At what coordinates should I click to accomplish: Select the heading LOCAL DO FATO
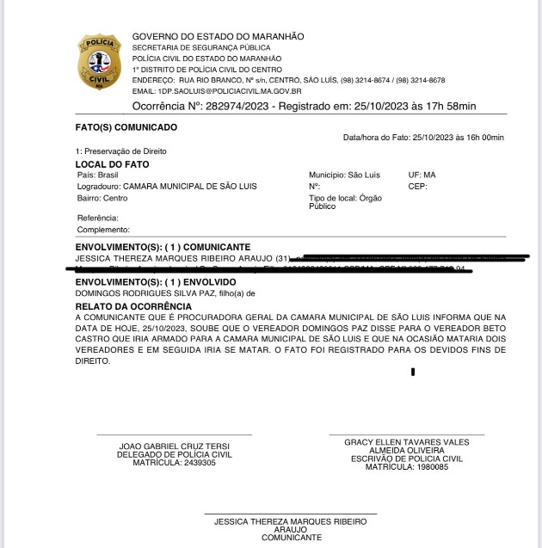pyautogui.click(x=112, y=163)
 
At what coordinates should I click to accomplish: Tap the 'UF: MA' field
pyautogui.click(x=422, y=175)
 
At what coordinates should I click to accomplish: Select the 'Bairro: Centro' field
pyautogui.click(x=102, y=197)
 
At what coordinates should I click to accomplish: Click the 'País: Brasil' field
pyautogui.click(x=97, y=175)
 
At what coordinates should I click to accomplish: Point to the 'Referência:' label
pyautogui.click(x=98, y=219)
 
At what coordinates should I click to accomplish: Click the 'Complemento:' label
pyautogui.click(x=103, y=230)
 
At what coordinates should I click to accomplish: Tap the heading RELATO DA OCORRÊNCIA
pyautogui.click(x=132, y=306)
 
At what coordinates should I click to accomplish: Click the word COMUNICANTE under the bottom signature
pyautogui.click(x=292, y=538)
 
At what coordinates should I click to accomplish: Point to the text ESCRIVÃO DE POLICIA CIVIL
pyautogui.click(x=407, y=458)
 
